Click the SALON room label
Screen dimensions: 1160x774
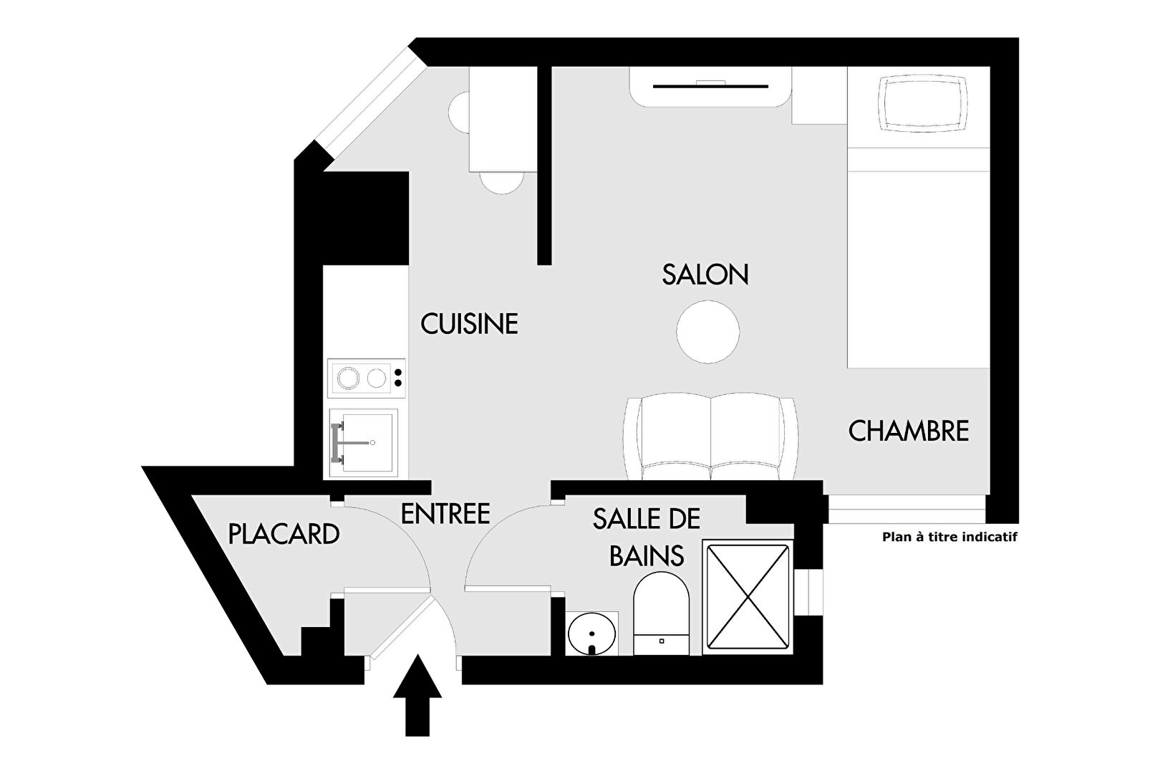pyautogui.click(x=705, y=274)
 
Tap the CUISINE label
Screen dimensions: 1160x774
pyautogui.click(x=469, y=323)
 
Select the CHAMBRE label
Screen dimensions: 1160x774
pyautogui.click(x=909, y=431)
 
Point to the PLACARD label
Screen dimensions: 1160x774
pyautogui.click(x=284, y=534)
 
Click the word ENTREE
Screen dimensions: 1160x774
pyautogui.click(x=445, y=514)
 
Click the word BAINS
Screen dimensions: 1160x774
pyautogui.click(x=647, y=555)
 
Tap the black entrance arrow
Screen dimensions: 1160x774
pyautogui.click(x=417, y=694)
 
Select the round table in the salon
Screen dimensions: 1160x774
pyautogui.click(x=707, y=332)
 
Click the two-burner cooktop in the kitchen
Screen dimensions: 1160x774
pyautogui.click(x=366, y=378)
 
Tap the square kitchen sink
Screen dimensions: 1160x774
pyautogui.click(x=364, y=443)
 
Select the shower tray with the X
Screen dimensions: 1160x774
pyautogui.click(x=748, y=597)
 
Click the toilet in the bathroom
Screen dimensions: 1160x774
pyautogui.click(x=662, y=613)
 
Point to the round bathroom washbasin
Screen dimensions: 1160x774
pyautogui.click(x=592, y=634)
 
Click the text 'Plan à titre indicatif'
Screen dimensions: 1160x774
pyautogui.click(x=949, y=537)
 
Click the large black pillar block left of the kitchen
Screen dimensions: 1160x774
pyautogui.click(x=365, y=219)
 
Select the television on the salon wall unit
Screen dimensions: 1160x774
pyautogui.click(x=710, y=85)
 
